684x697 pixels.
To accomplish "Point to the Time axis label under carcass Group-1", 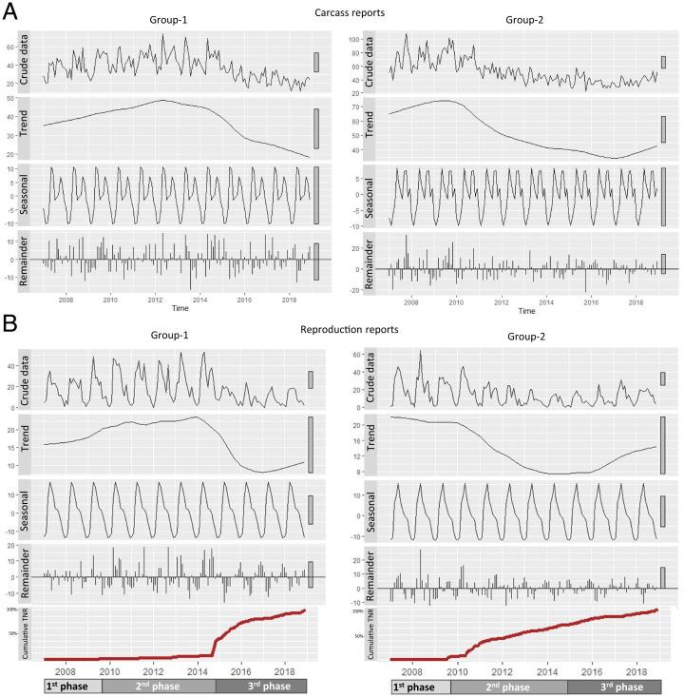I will pos(178,309).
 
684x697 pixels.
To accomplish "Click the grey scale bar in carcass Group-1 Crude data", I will pos(316,62).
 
